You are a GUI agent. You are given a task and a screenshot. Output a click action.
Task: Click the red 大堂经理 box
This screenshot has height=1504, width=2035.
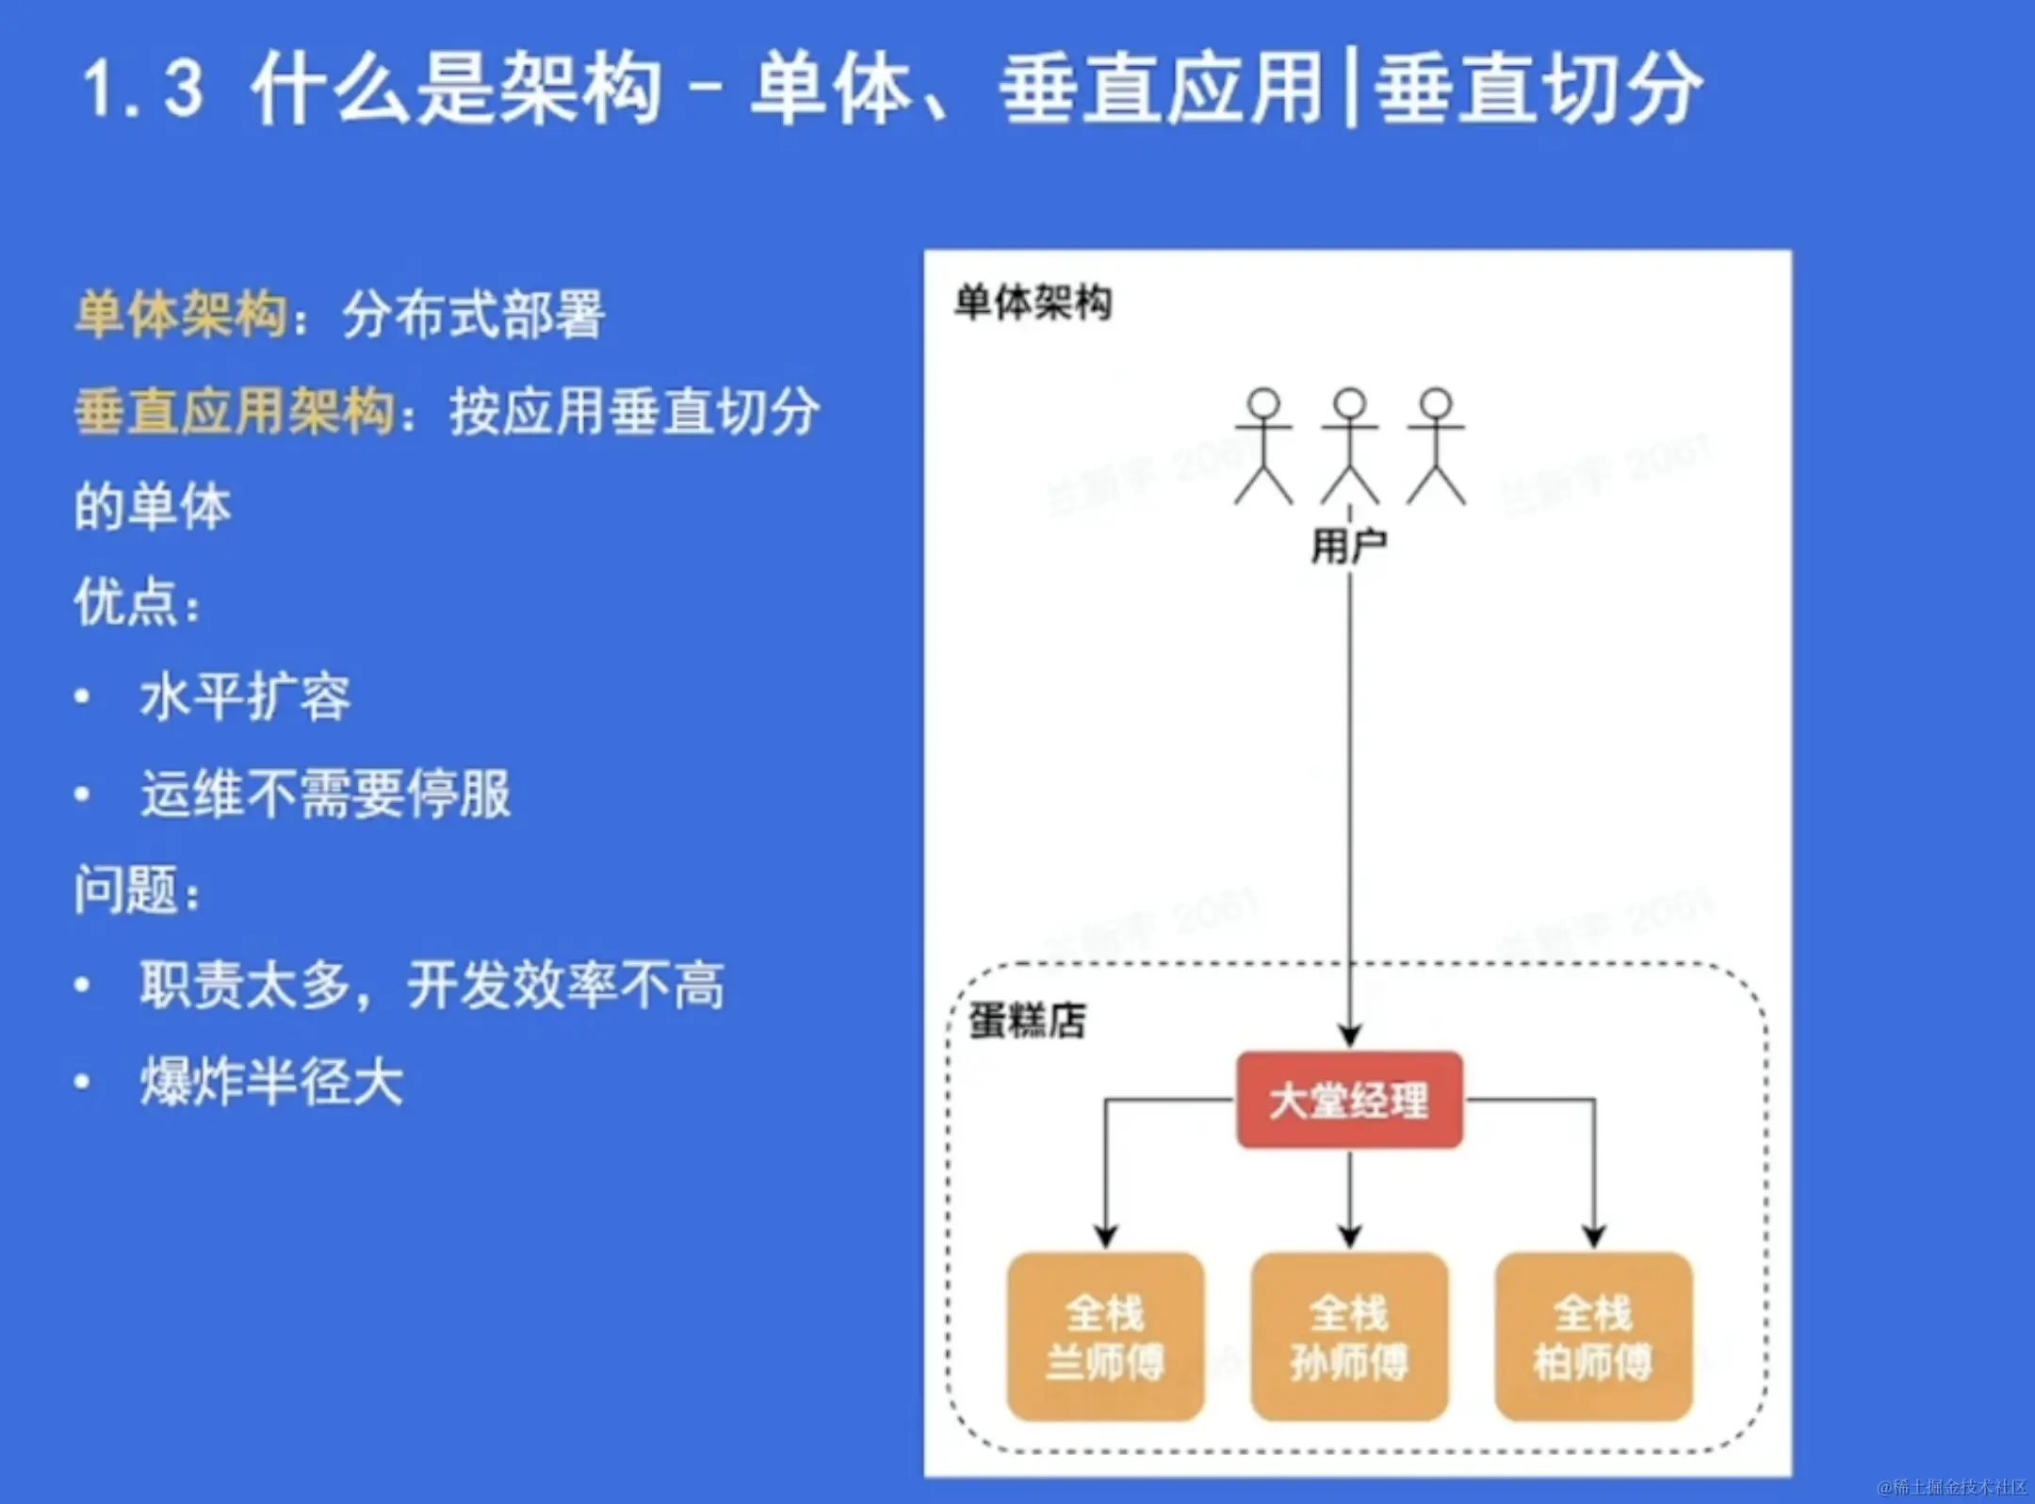(1349, 1100)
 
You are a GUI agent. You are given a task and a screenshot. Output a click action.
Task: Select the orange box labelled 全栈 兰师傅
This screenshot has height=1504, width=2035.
(1105, 1336)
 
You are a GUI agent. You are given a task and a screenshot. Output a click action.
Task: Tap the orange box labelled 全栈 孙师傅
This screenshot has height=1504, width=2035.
(1349, 1336)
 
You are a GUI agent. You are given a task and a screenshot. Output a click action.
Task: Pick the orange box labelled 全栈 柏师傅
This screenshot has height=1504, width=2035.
(1593, 1336)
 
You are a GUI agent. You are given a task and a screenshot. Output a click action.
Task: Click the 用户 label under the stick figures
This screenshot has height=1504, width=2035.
(1349, 546)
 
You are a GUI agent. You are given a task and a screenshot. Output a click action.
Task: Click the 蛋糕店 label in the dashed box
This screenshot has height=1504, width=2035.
(1027, 1021)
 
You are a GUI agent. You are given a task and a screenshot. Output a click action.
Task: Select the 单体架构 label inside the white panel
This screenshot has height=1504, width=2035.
(1034, 303)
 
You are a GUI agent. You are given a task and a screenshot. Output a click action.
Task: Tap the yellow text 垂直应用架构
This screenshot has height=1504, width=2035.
(235, 412)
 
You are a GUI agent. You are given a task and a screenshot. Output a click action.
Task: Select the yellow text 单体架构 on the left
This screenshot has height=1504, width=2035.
(181, 314)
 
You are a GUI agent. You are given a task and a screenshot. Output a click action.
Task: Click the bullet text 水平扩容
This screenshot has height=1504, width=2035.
(245, 697)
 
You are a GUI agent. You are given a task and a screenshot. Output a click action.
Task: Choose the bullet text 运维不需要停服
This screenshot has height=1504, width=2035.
(325, 793)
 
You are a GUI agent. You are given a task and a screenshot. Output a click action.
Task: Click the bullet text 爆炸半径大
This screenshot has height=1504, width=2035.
(271, 1082)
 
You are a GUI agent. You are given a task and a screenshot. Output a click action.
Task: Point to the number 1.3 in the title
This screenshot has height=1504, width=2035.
(143, 89)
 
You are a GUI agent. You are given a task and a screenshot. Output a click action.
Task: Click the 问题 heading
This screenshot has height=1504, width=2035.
(126, 891)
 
